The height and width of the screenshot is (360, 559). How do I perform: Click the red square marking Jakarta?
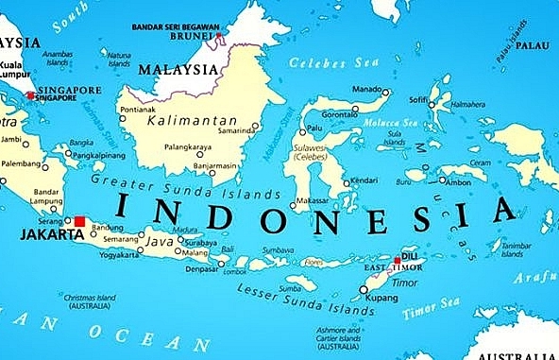(80, 221)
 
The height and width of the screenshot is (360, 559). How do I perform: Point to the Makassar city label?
(314, 201)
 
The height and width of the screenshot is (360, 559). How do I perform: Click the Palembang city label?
(21, 163)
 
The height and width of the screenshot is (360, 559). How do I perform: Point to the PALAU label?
(534, 44)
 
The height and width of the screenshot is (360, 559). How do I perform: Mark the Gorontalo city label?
(340, 111)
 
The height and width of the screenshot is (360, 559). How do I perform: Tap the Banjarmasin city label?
(215, 166)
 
